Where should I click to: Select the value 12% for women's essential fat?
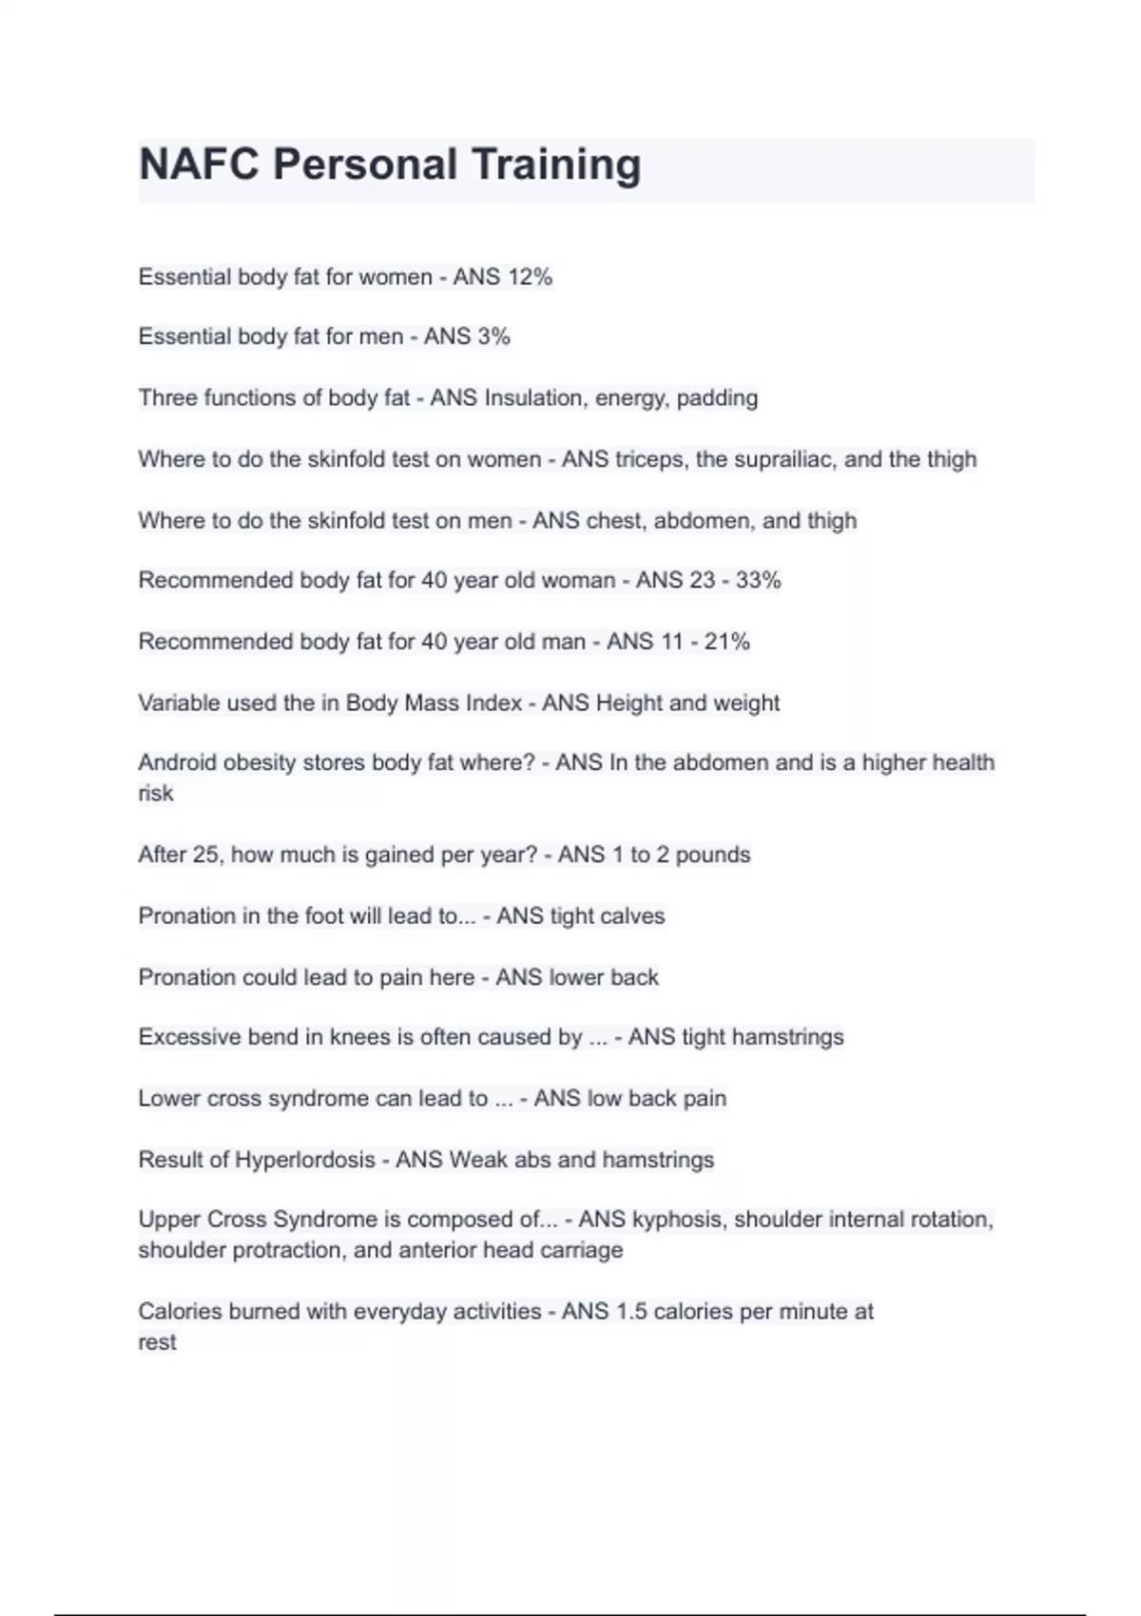(530, 277)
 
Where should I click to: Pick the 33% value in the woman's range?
(758, 580)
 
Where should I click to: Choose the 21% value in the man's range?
(727, 642)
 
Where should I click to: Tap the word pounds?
(712, 855)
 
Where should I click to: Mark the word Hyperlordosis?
(304, 1160)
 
